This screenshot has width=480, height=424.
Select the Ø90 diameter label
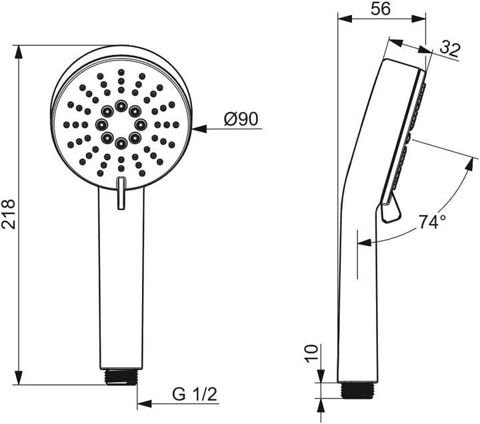[x=241, y=118]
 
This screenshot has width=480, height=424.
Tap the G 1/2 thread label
[x=195, y=394]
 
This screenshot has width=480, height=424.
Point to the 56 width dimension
[x=381, y=9]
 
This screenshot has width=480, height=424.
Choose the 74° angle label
[x=432, y=222]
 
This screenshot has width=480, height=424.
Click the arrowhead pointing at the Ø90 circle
[x=199, y=129]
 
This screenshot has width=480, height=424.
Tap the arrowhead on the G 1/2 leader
[x=144, y=403]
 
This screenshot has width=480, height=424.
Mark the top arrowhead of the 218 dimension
[x=19, y=53]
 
